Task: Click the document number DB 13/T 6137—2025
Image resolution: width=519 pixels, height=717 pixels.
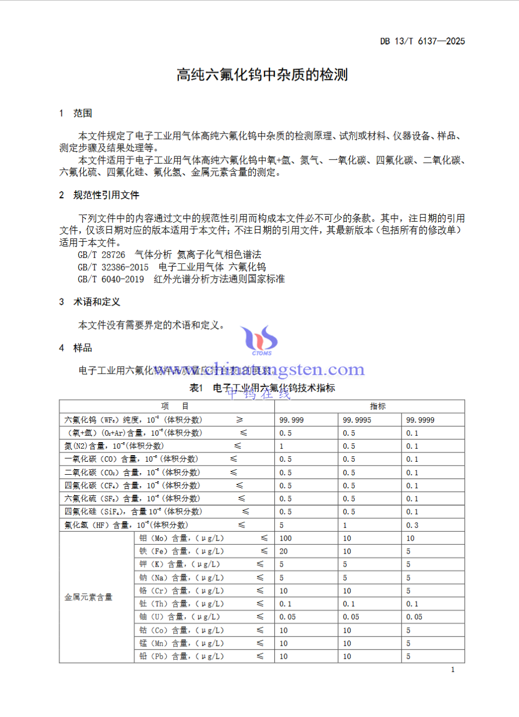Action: click(422, 41)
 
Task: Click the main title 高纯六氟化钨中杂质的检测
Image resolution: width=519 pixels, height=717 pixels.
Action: click(262, 75)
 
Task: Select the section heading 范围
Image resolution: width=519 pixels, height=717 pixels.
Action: click(83, 113)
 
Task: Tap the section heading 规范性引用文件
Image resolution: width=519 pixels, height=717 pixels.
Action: click(106, 195)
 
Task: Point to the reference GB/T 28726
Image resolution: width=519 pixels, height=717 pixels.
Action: click(101, 255)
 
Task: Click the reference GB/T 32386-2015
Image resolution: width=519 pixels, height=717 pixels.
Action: click(113, 267)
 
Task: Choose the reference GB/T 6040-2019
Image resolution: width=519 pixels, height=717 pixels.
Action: click(111, 279)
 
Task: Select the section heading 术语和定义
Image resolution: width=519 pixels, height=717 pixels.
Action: click(97, 302)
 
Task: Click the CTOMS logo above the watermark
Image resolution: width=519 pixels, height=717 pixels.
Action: click(260, 340)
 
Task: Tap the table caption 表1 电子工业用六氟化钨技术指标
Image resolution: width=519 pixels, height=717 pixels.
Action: click(262, 388)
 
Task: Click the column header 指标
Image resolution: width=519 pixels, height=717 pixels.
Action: click(377, 406)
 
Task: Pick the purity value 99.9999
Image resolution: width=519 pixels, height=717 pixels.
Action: click(420, 420)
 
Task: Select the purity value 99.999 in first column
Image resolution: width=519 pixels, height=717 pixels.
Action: click(291, 420)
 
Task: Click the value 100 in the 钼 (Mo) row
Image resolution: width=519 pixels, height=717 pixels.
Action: click(285, 538)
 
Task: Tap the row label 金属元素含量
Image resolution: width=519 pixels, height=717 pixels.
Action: click(89, 597)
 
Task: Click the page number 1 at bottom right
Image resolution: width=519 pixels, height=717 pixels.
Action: click(453, 670)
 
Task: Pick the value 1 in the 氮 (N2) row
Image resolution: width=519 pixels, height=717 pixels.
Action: click(282, 446)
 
